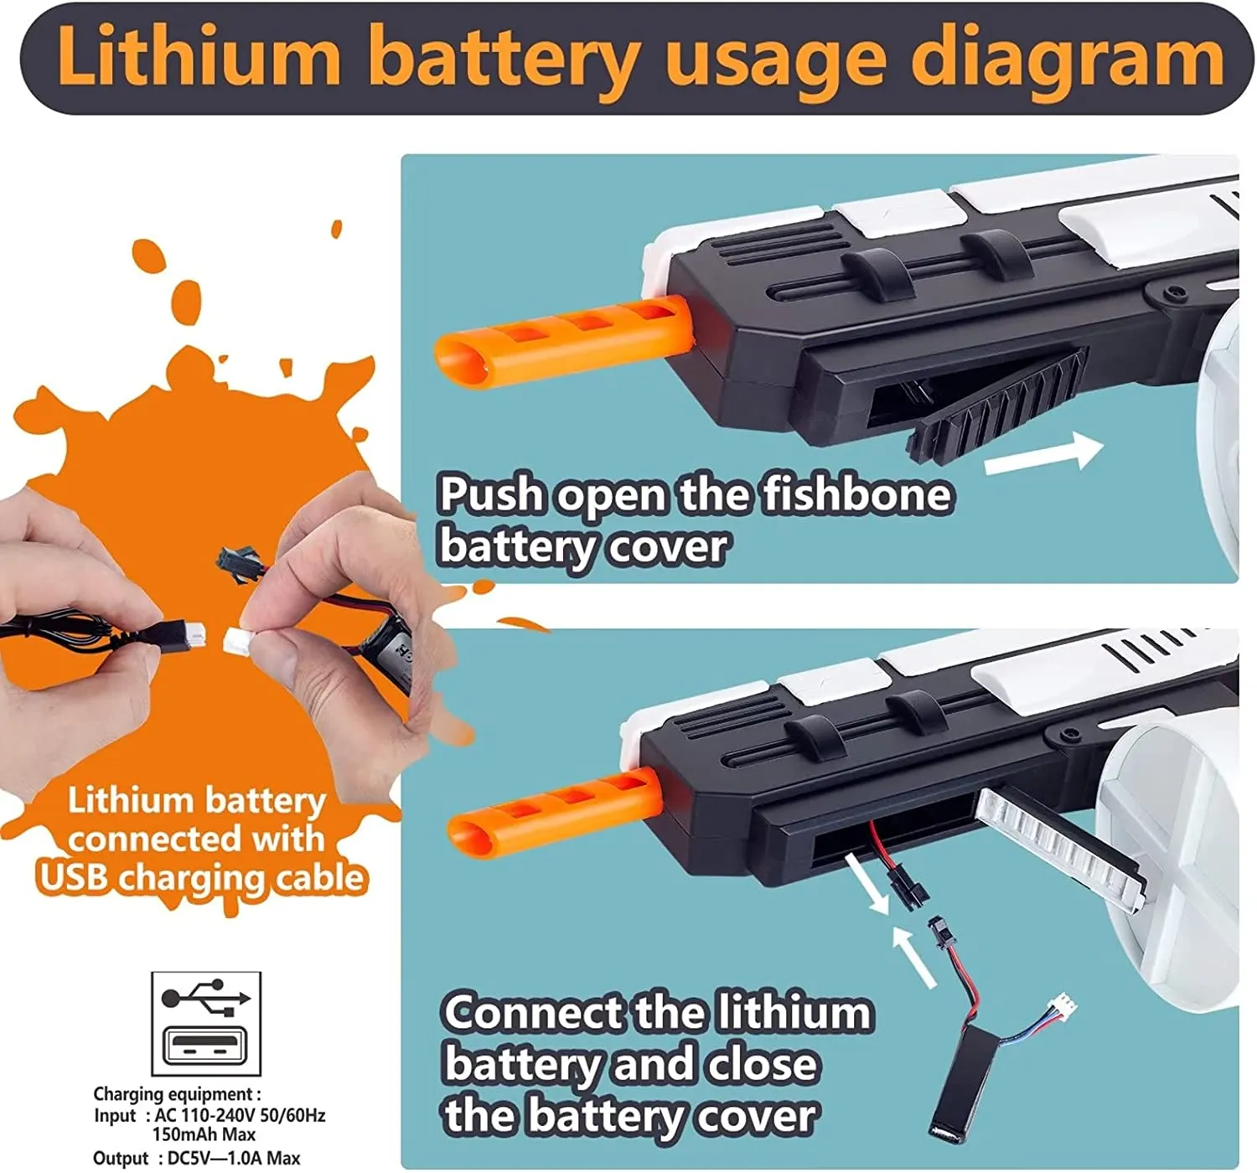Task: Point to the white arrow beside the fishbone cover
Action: [1044, 453]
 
